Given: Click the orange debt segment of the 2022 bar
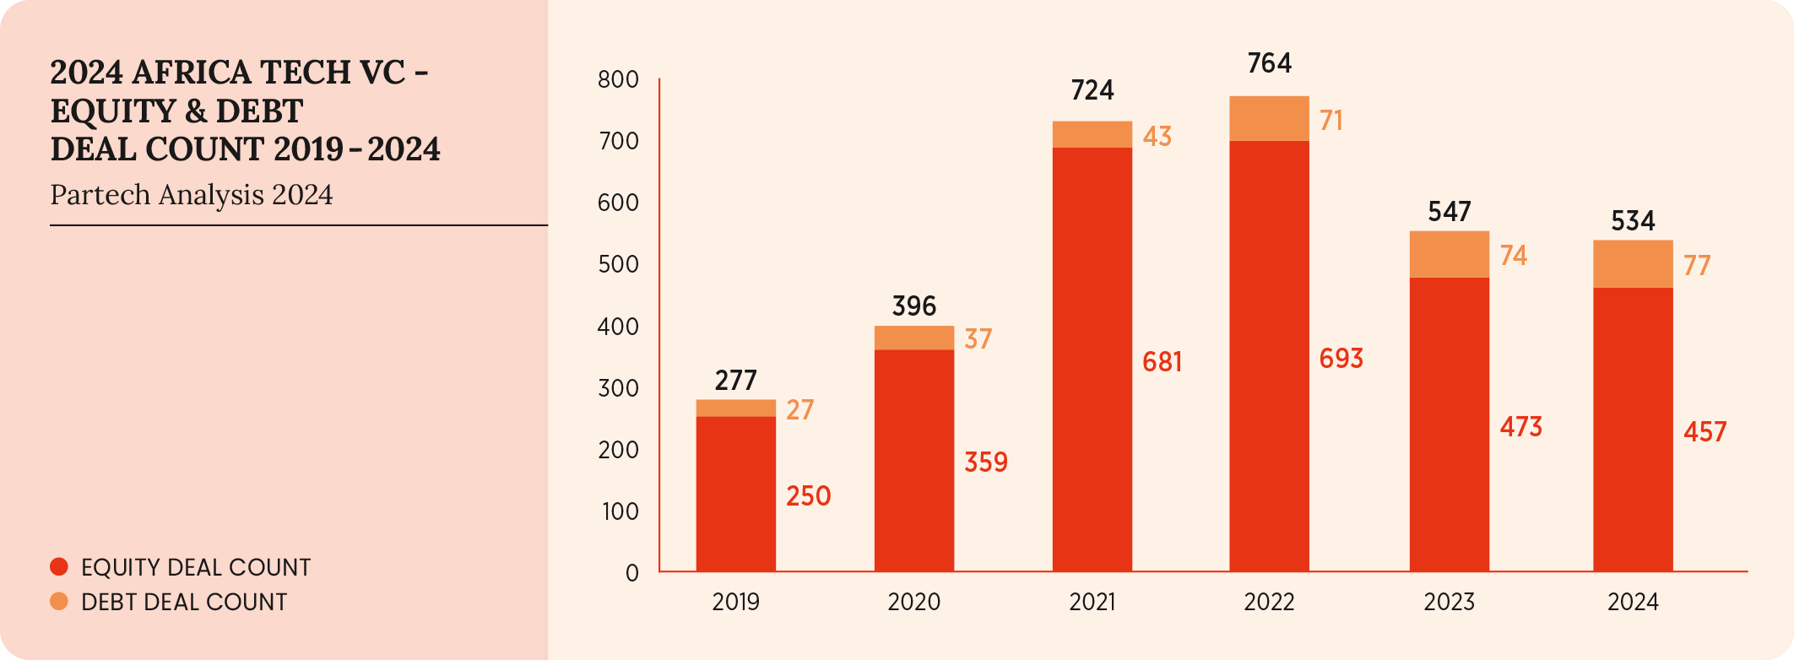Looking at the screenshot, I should [1269, 119].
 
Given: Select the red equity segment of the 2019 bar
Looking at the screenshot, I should [735, 494].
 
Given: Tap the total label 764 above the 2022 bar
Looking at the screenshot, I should [1269, 63].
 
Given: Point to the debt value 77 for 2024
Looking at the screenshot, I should [1697, 266].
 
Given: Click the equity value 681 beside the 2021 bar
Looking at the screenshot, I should [1162, 362].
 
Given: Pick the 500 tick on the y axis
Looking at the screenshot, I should [618, 264].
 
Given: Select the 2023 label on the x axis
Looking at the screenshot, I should [1449, 602].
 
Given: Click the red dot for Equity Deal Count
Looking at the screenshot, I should [59, 567].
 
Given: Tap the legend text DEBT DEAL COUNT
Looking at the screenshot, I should [184, 602].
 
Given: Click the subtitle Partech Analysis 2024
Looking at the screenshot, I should [192, 195].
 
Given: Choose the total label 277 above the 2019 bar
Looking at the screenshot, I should [735, 381].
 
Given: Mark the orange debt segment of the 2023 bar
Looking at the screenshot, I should [1449, 254].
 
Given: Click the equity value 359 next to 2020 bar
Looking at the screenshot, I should [986, 463].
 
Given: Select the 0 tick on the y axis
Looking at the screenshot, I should [631, 573].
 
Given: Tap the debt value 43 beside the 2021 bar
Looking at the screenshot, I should [1157, 137].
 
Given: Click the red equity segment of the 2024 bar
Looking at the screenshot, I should [1633, 430].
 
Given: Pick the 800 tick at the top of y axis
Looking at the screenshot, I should [618, 80].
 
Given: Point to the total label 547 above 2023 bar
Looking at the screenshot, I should [1449, 212].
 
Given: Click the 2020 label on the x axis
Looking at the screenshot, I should [913, 602].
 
